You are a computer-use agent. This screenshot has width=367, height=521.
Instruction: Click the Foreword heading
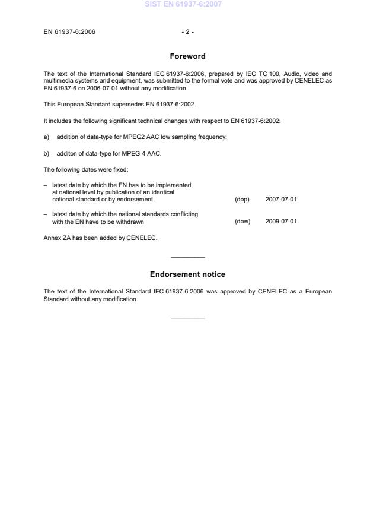(x=187, y=56)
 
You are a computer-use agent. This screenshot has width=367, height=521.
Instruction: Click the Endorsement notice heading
(x=187, y=274)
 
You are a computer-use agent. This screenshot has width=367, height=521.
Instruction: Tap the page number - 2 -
(x=187, y=32)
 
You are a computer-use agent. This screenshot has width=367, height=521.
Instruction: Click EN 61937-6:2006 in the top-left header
(x=69, y=32)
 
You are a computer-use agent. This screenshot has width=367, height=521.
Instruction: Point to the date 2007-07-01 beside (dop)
(x=281, y=200)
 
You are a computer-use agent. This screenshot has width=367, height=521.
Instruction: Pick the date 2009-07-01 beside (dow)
(x=281, y=222)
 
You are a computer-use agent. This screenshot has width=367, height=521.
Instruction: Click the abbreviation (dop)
(x=242, y=200)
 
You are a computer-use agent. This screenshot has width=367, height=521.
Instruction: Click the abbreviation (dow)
(x=242, y=222)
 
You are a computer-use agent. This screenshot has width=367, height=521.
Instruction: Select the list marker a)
(x=47, y=137)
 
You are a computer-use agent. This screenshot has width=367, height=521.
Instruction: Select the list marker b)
(x=47, y=154)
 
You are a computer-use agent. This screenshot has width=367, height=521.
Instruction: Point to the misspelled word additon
(x=67, y=154)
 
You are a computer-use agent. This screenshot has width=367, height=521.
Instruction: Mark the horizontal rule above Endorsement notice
(x=187, y=257)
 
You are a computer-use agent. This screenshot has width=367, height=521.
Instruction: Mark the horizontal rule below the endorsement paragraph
(x=187, y=318)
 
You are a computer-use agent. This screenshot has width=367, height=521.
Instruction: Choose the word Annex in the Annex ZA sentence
(x=52, y=238)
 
